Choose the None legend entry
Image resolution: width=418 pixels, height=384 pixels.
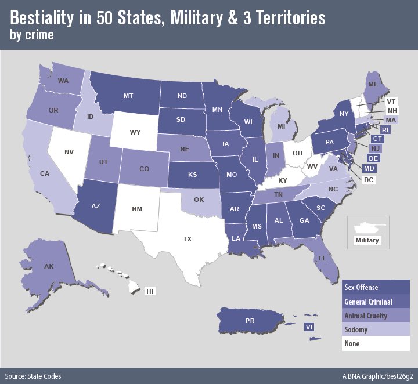pyautogui.click(x=352, y=343)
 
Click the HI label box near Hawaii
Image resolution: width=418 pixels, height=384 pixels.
pyautogui.click(x=150, y=291)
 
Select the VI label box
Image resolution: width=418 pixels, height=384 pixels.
pyautogui.click(x=309, y=327)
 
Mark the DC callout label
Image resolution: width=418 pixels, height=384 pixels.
pyautogui.click(x=368, y=180)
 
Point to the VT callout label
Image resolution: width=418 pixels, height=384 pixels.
pyautogui.click(x=392, y=100)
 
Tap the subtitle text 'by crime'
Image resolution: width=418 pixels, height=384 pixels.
pyautogui.click(x=31, y=34)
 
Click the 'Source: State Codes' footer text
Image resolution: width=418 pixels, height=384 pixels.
pyautogui.click(x=33, y=376)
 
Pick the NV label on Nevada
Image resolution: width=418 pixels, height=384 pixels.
pyautogui.click(x=69, y=152)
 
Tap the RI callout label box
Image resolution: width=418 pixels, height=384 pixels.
pyautogui.click(x=385, y=130)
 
